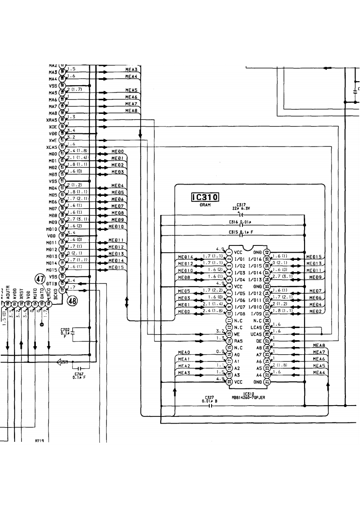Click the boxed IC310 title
point(205,197)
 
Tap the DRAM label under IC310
point(205,205)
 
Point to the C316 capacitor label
point(234,221)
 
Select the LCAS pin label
point(256,327)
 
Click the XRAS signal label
point(52,120)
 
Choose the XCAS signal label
point(52,147)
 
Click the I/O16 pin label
point(255,259)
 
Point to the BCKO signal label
point(55,296)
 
